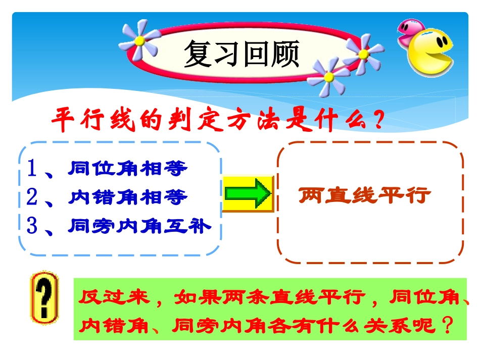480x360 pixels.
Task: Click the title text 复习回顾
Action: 242,54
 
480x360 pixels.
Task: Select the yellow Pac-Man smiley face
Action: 430,52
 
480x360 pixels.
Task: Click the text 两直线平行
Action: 364,195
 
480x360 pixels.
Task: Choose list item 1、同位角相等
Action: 107,169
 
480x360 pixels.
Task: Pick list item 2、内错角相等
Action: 107,197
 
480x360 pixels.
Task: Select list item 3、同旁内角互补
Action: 118,226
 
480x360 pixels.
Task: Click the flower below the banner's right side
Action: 328,76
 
